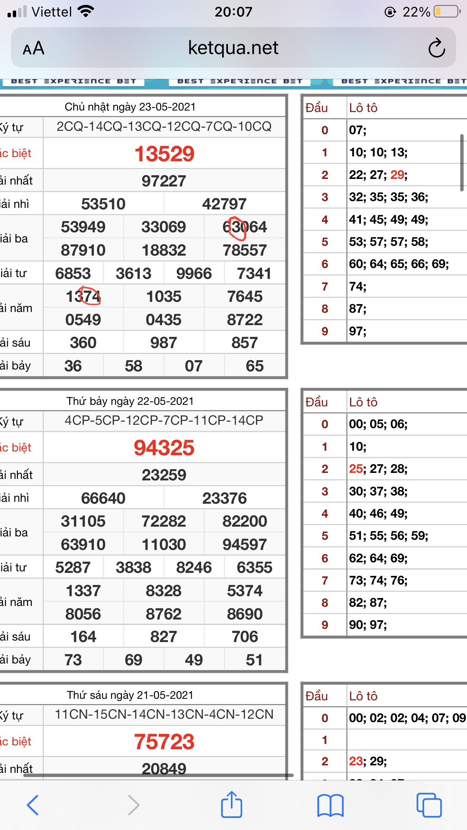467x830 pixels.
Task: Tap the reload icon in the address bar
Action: pyautogui.click(x=437, y=48)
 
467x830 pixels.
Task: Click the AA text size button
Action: pyautogui.click(x=33, y=48)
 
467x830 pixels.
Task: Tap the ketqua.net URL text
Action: pyautogui.click(x=233, y=48)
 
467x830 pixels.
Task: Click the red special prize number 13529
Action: pyautogui.click(x=164, y=154)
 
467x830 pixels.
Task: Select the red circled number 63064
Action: pyautogui.click(x=244, y=227)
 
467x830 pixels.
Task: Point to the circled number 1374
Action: pyautogui.click(x=83, y=297)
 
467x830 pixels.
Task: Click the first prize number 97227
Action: pyautogui.click(x=164, y=181)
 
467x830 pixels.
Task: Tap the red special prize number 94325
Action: pyautogui.click(x=164, y=448)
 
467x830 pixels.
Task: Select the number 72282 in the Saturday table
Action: pyautogui.click(x=164, y=521)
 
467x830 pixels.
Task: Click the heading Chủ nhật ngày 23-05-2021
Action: pyautogui.click(x=130, y=107)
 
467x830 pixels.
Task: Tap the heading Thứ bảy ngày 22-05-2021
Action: pyautogui.click(x=130, y=401)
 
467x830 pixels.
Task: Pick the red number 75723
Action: pyautogui.click(x=164, y=742)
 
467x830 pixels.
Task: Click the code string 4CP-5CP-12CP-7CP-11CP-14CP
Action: pyautogui.click(x=164, y=420)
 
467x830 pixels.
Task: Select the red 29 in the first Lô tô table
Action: pyautogui.click(x=397, y=175)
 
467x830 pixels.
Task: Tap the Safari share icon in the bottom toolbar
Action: pyautogui.click(x=231, y=804)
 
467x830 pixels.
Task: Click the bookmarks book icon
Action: pyautogui.click(x=330, y=805)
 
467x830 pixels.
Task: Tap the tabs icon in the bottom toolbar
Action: pyautogui.click(x=429, y=805)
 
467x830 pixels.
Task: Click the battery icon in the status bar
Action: pyautogui.click(x=447, y=12)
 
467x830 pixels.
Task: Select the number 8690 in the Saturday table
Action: pyautogui.click(x=244, y=614)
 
